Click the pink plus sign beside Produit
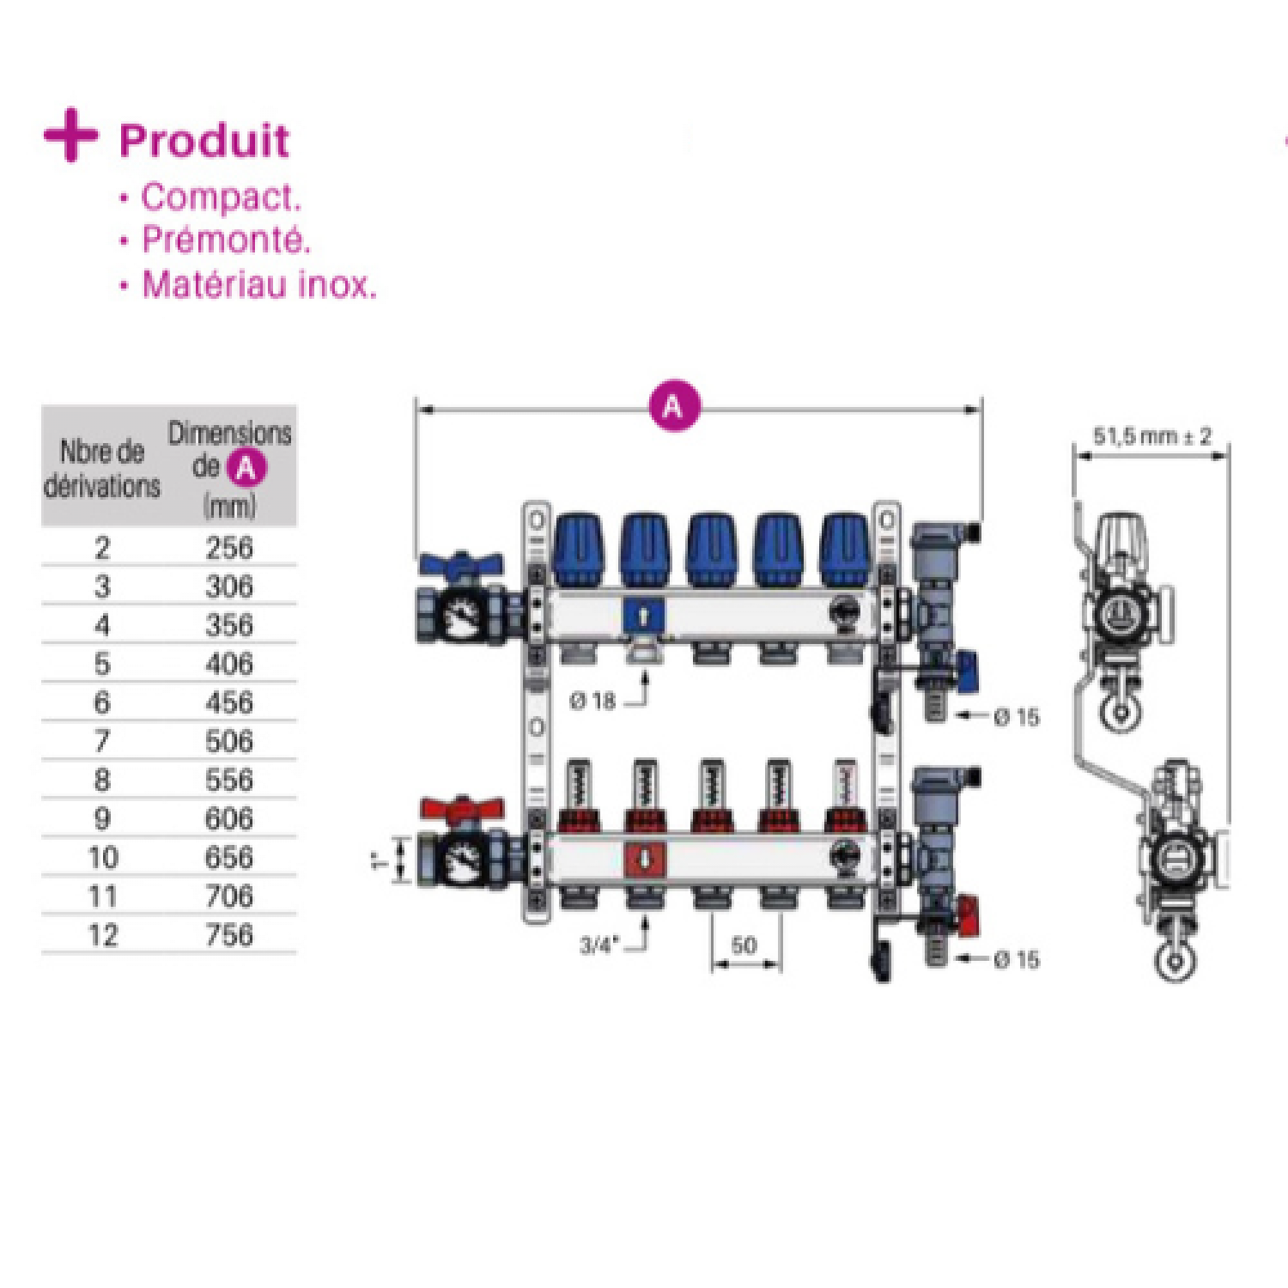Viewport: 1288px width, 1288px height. (70, 136)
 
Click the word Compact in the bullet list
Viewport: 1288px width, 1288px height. (220, 197)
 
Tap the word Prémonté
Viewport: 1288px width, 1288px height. (225, 240)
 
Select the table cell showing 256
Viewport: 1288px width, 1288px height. (229, 548)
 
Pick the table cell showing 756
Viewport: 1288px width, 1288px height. (229, 935)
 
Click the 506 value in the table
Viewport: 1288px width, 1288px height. (229, 741)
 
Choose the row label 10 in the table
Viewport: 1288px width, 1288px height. (103, 857)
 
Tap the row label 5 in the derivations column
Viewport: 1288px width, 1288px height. (102, 664)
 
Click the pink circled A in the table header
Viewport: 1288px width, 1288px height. (246, 468)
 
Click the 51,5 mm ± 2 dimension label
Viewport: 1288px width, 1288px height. (1151, 436)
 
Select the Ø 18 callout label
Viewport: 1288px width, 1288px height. (593, 702)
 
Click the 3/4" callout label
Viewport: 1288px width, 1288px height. (598, 945)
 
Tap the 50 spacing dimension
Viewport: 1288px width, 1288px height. (744, 945)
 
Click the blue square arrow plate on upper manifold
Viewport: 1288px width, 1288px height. (644, 615)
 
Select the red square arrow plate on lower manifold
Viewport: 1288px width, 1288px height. (645, 859)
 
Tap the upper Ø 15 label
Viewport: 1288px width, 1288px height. (1017, 717)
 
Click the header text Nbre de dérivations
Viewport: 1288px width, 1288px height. (102, 469)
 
